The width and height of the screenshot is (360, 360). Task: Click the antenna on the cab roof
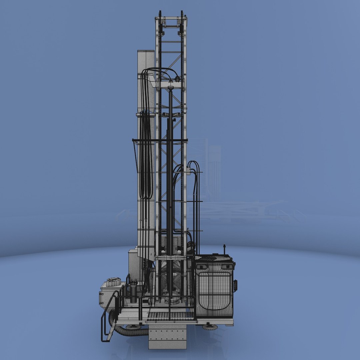pos(224,249)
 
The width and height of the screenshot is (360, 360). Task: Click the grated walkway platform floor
pos(170,315)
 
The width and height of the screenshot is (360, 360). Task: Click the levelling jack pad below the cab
pos(210,327)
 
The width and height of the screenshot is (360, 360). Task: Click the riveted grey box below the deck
pos(167,337)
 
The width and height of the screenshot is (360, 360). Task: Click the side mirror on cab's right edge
pos(236,286)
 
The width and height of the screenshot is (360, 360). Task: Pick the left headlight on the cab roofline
pos(201,267)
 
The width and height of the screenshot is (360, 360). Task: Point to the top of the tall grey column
pos(146,52)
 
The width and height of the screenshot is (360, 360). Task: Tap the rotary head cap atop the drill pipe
pos(171,88)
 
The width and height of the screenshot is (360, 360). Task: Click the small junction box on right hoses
pos(189,171)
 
